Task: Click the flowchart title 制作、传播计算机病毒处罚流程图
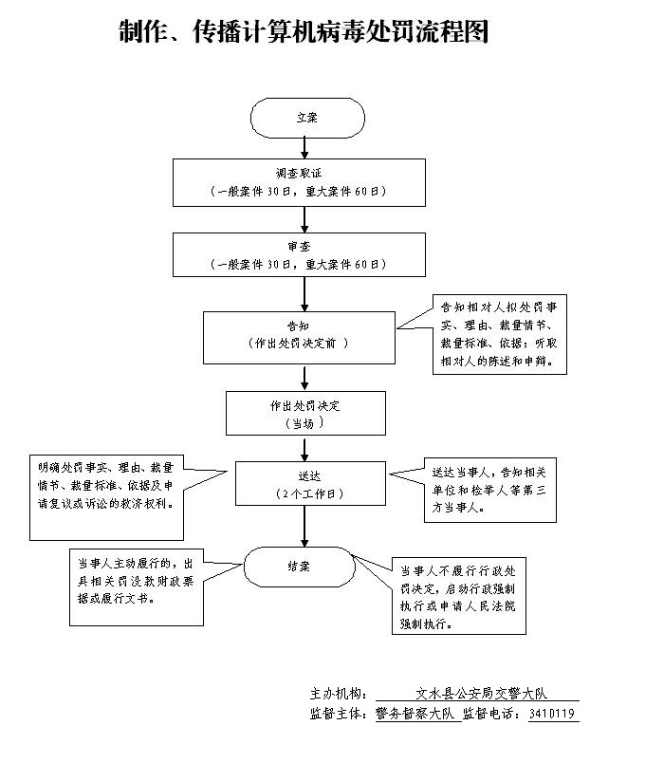point(304,32)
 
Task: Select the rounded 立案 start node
point(307,118)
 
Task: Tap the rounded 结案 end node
point(299,566)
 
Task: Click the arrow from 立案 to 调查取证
point(304,147)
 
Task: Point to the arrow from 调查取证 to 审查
point(304,218)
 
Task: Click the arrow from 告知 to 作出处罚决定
point(304,377)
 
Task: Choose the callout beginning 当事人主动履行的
point(136,586)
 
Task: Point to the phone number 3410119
point(552,714)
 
